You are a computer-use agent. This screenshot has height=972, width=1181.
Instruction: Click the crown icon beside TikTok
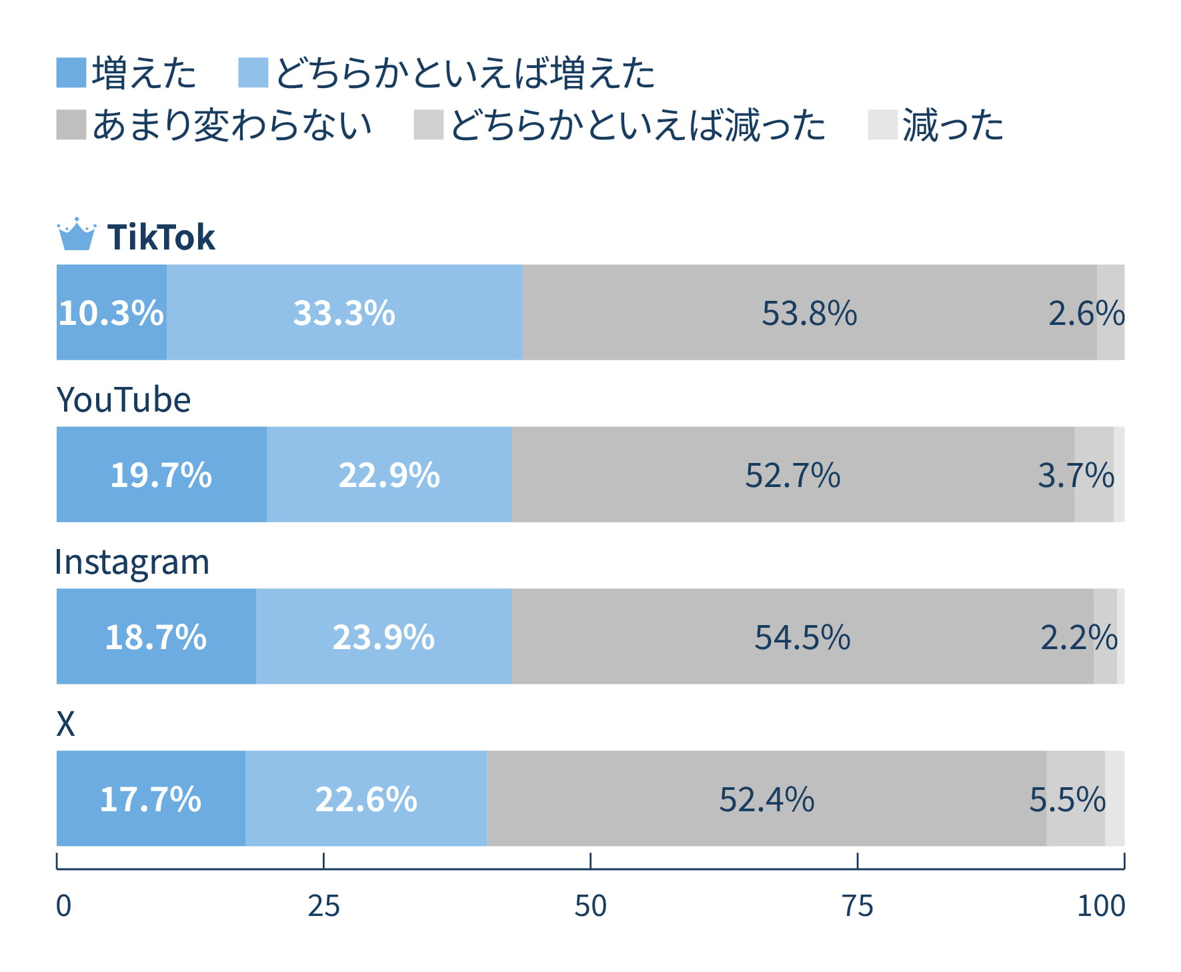pos(77,234)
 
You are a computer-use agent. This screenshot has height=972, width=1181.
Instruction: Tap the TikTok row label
pos(161,237)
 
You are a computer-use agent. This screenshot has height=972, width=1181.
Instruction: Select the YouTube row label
pos(123,400)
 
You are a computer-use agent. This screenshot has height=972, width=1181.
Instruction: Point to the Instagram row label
pos(132,562)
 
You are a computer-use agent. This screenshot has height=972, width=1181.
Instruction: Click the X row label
pos(65,724)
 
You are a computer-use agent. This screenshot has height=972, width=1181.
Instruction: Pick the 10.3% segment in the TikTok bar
pos(111,312)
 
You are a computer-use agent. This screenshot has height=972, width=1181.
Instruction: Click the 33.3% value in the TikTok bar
pos(344,313)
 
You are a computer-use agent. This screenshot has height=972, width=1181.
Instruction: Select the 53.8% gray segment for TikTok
pos(809,313)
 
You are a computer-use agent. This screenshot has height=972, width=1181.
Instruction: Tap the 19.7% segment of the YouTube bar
pos(161,475)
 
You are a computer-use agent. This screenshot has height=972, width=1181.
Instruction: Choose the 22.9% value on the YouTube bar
pos(389,475)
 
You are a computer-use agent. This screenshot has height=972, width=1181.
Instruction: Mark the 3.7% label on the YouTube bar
pos(1076,475)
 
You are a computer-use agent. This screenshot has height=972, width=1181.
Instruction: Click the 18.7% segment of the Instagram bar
pos(156,637)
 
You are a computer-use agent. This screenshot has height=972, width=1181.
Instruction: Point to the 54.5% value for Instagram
pos(802,637)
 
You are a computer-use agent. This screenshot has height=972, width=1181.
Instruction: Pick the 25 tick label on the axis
pos(323,906)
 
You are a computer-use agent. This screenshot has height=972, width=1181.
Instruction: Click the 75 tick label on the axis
pos(857,906)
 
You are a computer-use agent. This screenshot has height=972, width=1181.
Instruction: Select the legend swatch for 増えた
pos(71,73)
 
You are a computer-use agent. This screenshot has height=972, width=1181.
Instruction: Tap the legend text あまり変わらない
pos(232,125)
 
